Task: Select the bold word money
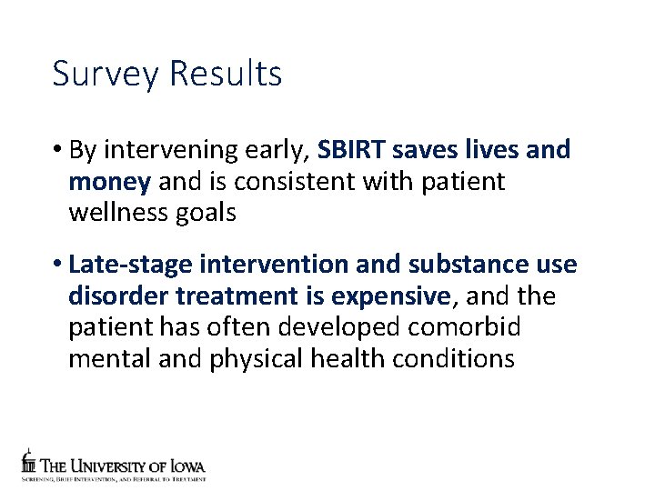(109, 182)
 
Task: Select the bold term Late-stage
(130, 266)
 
